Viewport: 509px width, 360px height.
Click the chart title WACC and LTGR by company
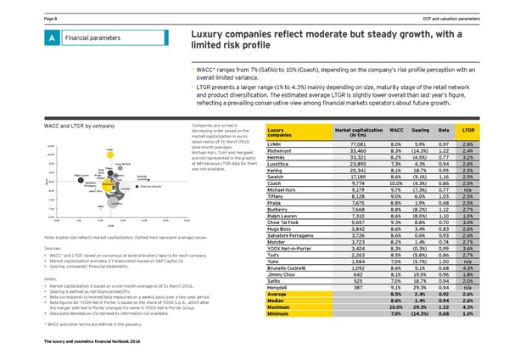tap(46, 126)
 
